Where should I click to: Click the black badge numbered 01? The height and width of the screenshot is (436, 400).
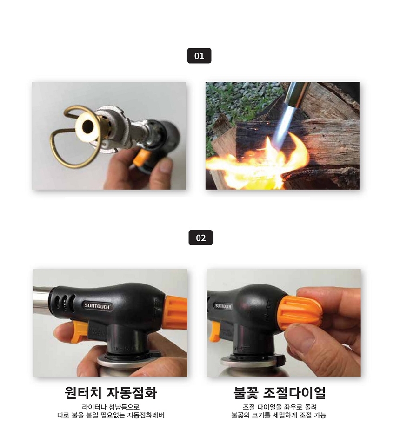click(199, 56)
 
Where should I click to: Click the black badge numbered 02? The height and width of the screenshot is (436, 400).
click(200, 238)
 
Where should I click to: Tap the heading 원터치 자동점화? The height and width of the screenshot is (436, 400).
click(110, 392)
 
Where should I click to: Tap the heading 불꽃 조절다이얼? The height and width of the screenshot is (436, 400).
click(280, 392)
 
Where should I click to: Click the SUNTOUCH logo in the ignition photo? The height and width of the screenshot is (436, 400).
click(98, 306)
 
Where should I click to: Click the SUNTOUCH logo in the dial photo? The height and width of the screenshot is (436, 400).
click(223, 306)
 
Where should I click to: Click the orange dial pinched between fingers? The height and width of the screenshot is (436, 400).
click(300, 313)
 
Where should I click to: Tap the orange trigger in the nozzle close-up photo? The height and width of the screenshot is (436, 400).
click(139, 158)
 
